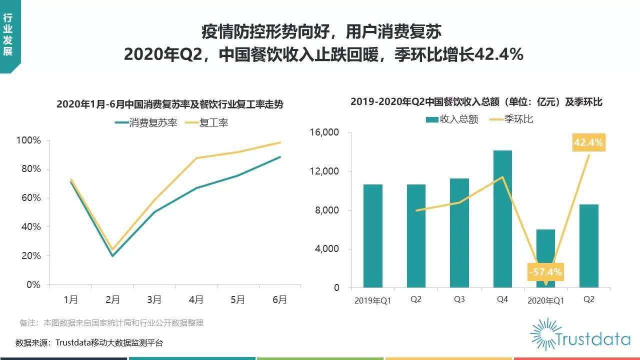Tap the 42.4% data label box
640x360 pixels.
pyautogui.click(x=588, y=142)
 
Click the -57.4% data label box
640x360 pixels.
pyautogui.click(x=545, y=272)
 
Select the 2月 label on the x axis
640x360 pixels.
pyautogui.click(x=112, y=299)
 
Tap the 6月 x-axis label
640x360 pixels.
pyautogui.click(x=279, y=299)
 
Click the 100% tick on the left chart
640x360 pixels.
pyautogui.click(x=28, y=140)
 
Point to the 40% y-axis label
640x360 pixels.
pyautogui.click(x=30, y=226)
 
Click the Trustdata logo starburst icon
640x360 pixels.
pyautogui.click(x=546, y=334)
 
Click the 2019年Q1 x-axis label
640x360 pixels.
pyautogui.click(x=372, y=300)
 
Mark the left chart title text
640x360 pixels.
pyautogui.click(x=170, y=104)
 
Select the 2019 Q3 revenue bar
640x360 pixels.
pyautogui.click(x=459, y=233)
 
